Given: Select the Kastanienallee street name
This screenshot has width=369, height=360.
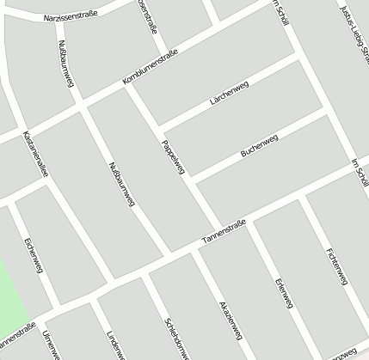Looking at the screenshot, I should pyautogui.click(x=36, y=155).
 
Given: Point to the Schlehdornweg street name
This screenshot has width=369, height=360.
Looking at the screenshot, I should pyautogui.click(x=175, y=338).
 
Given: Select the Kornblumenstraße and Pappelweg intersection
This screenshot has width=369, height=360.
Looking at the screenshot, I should pyautogui.click(x=129, y=85).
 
